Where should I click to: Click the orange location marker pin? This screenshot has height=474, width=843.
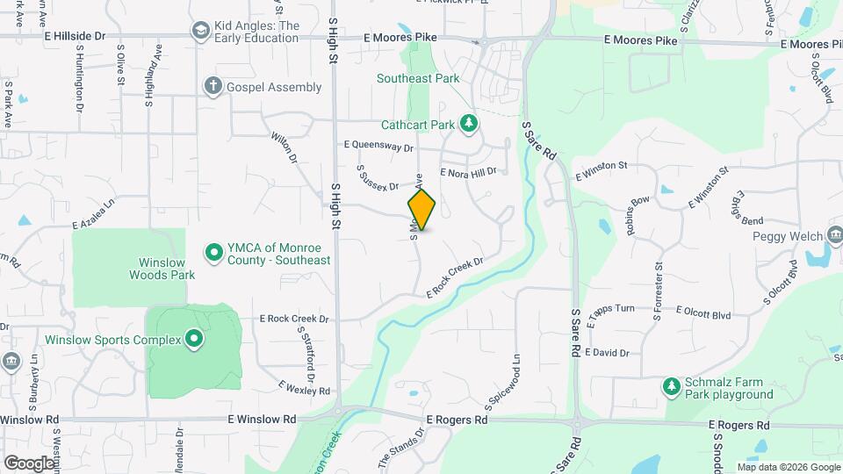coord(421,210)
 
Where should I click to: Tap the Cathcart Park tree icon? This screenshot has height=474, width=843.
coord(470,125)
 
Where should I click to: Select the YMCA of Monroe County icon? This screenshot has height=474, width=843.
coord(213,253)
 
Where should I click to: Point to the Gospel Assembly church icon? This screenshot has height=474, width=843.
coord(212,86)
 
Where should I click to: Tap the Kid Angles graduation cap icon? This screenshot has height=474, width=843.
coord(200,31)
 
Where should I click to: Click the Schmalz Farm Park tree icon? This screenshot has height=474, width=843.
coord(672,386)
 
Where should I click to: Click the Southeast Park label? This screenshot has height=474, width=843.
coord(418,78)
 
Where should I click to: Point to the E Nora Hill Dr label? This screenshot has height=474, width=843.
coord(468,173)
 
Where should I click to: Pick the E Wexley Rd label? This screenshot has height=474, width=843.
coord(303,387)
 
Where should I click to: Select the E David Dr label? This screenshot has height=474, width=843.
coord(606,353)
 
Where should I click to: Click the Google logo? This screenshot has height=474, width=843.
coord(30,463)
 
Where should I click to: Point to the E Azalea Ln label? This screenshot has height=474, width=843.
coord(95,213)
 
